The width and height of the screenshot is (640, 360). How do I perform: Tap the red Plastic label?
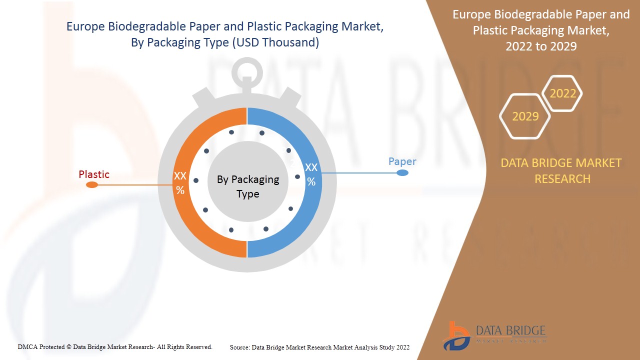coord(94,174)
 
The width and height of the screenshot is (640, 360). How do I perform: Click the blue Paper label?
coord(402,161)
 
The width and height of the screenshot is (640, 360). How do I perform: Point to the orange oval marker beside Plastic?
coord(92,185)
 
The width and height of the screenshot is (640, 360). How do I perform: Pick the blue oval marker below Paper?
coord(402,173)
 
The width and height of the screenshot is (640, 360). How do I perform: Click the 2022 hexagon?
coord(562,93)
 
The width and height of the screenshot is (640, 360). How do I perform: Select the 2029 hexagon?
coord(525,116)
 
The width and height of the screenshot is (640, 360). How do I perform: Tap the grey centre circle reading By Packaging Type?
coord(247,186)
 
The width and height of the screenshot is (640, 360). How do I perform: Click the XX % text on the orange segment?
coord(180,183)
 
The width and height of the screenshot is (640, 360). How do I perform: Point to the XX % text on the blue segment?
coord(311,174)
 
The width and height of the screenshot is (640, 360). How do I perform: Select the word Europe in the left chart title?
coord(86,27)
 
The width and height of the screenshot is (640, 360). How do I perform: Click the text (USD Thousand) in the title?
coord(275,43)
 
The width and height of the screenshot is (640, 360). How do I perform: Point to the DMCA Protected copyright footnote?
coord(115,346)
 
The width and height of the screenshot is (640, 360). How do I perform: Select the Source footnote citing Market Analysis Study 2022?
coord(319,347)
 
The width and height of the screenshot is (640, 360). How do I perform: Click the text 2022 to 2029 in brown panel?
coord(541,46)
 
